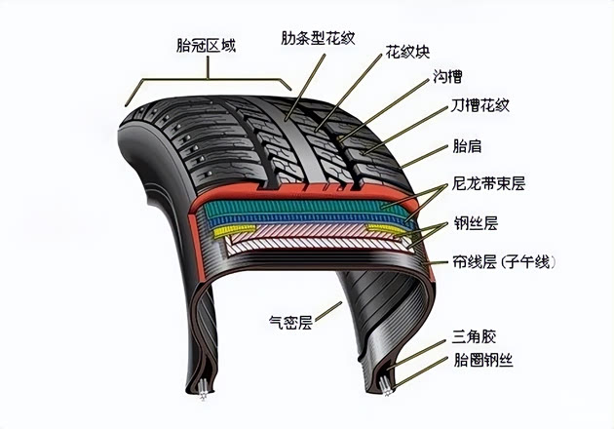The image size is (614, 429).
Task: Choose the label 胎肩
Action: tap(467, 146)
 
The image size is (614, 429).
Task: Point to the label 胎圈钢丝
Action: tap(483, 360)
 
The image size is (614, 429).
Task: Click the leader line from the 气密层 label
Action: tap(329, 309)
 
